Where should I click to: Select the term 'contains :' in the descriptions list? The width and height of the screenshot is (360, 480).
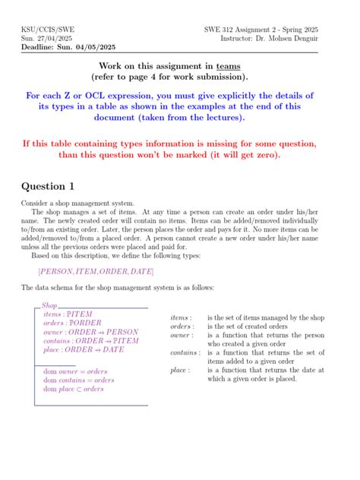coord(184,352)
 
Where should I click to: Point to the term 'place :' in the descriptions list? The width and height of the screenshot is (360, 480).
coord(180,370)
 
